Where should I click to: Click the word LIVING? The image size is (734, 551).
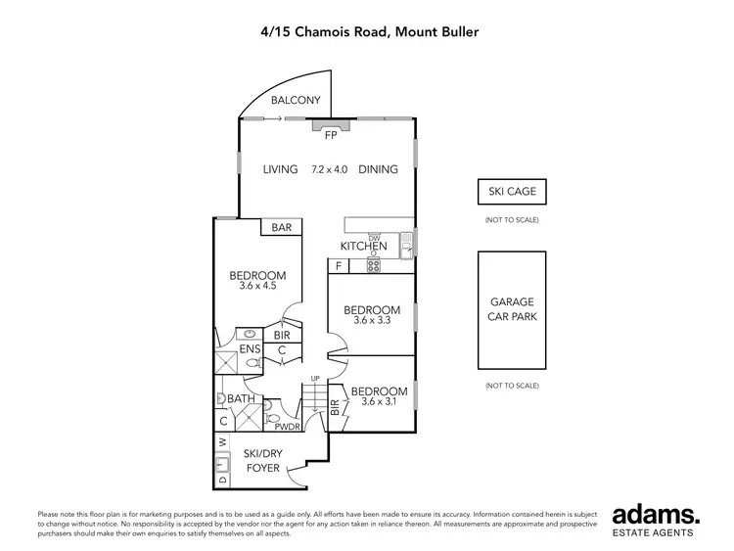[280, 169]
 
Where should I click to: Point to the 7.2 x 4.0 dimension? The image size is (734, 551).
[329, 169]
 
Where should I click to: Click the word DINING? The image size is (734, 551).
[378, 169]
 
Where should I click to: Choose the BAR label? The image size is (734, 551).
[282, 228]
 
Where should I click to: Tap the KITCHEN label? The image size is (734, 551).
[363, 247]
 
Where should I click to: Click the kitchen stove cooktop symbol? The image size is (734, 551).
[373, 265]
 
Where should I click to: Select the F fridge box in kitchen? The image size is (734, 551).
[339, 265]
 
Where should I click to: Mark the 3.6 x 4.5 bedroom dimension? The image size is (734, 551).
[257, 287]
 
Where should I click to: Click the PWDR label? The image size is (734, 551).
[287, 427]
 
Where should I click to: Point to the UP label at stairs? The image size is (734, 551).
[314, 379]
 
